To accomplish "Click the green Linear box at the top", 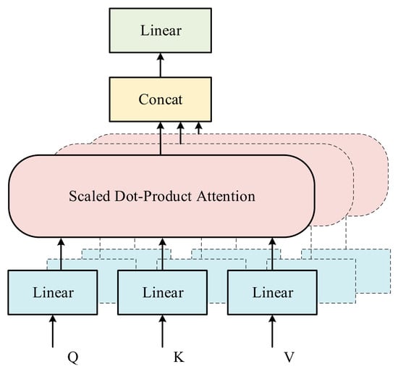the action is [161, 30].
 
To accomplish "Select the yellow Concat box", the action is [161, 99].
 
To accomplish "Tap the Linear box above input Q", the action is [53, 292].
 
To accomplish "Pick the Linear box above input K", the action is [162, 292].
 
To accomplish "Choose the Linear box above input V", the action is [272, 292].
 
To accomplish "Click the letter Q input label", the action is [73, 357].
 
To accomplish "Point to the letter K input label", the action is [179, 357].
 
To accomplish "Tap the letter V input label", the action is [289, 357].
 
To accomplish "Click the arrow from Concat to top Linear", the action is [161, 65].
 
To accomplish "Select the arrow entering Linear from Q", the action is [53, 331].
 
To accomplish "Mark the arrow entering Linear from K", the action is [162, 331].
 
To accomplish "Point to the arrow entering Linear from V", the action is [272, 331].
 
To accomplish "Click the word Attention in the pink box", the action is [226, 197].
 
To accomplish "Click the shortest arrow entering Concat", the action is [199, 128].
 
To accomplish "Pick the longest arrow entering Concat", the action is [161, 139].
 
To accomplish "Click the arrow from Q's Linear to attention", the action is [61, 254].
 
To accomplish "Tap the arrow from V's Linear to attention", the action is [272, 254].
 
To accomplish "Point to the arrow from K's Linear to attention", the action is [162, 254].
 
